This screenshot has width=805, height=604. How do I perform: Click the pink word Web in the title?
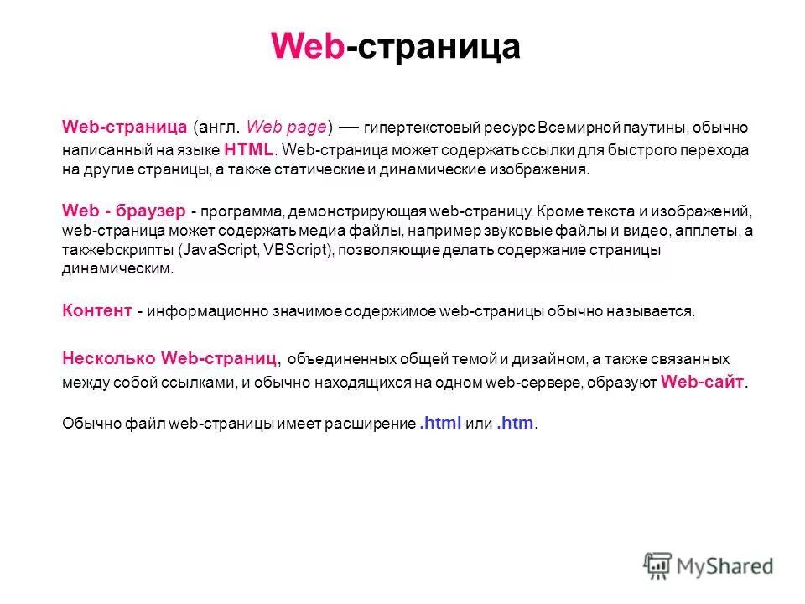click(307, 47)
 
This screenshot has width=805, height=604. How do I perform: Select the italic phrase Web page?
click(289, 128)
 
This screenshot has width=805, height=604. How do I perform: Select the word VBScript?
click(297, 250)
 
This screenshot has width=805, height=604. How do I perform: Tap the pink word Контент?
click(97, 311)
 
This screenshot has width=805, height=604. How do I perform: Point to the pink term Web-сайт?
click(703, 382)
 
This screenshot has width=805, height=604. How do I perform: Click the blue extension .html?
click(440, 424)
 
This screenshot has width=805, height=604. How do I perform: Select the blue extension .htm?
click(515, 424)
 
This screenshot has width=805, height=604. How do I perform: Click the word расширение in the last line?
click(373, 424)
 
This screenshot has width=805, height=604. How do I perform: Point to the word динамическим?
click(117, 269)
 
